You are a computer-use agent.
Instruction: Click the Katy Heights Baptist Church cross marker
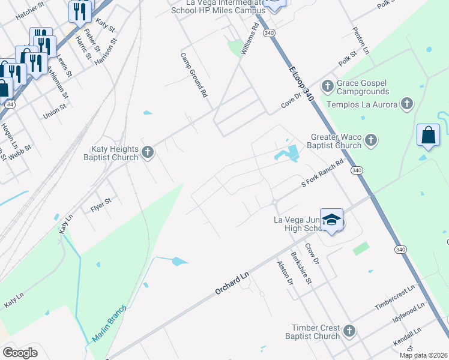[x=148, y=153]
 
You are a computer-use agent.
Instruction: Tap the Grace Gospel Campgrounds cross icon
[x=328, y=86]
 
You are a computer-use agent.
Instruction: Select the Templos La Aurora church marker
[x=406, y=104]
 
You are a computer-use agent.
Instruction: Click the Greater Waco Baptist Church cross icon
[x=370, y=140]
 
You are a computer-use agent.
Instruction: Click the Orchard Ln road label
[x=232, y=282]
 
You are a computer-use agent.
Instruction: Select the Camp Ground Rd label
[x=194, y=75]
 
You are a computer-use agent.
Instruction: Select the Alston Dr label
[x=285, y=272]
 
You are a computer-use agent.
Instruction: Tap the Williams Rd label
[x=249, y=40]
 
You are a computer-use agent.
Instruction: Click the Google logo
[x=20, y=352]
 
